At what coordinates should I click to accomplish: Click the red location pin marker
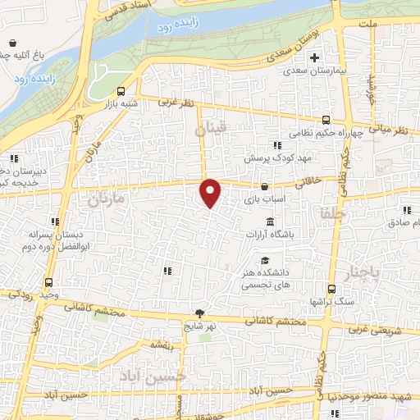tap(211, 193)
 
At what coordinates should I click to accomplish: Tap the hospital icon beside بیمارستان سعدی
tap(314, 57)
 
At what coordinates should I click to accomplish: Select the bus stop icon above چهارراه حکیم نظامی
tap(326, 120)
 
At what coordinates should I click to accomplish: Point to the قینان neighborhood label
tap(209, 130)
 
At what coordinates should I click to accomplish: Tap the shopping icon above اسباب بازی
tap(264, 186)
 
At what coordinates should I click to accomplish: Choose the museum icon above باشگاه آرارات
tap(270, 221)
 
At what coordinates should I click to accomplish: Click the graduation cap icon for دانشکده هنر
tap(265, 260)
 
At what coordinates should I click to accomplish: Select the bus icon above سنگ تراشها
tap(331, 289)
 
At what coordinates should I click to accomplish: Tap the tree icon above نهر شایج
tap(199, 313)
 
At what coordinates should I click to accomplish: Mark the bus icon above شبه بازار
tap(121, 92)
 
